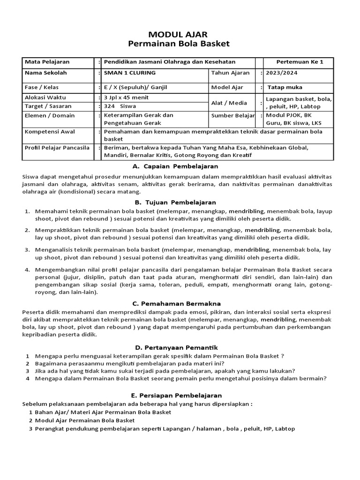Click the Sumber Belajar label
[233, 115]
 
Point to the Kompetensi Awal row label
[51, 132]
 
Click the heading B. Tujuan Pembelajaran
[175, 202]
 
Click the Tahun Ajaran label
[230, 73]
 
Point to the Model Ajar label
[227, 87]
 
